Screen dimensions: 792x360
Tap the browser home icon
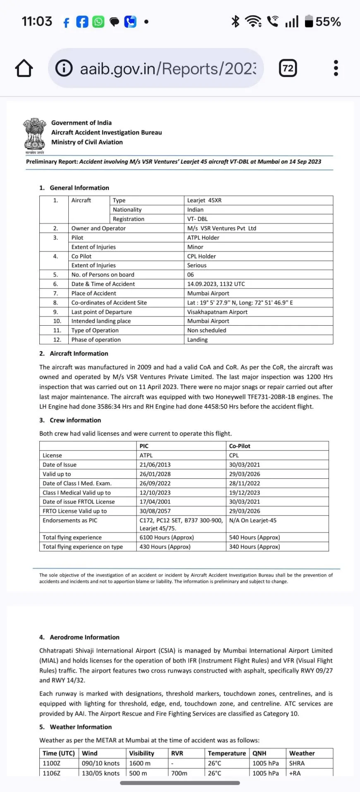click(x=24, y=68)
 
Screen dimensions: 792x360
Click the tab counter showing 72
click(x=288, y=68)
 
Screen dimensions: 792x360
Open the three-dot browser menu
click(x=336, y=68)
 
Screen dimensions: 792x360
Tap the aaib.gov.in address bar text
click(x=168, y=69)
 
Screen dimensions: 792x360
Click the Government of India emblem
click(x=35, y=134)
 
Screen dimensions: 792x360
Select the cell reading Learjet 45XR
click(x=204, y=200)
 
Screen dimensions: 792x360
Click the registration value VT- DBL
click(x=197, y=219)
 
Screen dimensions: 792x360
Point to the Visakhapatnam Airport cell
click(x=217, y=312)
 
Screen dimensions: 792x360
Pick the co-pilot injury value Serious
click(x=197, y=265)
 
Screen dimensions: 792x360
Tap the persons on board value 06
click(x=191, y=275)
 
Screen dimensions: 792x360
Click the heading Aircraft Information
click(x=79, y=354)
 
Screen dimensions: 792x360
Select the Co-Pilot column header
click(x=240, y=446)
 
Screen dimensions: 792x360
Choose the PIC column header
click(x=144, y=446)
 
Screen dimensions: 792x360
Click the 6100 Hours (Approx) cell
click(x=166, y=538)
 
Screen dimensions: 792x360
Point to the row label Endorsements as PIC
click(x=70, y=521)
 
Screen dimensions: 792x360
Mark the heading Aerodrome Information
click(x=84, y=637)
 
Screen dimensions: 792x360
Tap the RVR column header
click(x=177, y=754)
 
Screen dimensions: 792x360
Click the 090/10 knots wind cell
click(x=101, y=763)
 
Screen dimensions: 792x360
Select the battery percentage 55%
click(x=328, y=22)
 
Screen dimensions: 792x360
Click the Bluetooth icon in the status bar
click(x=235, y=21)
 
